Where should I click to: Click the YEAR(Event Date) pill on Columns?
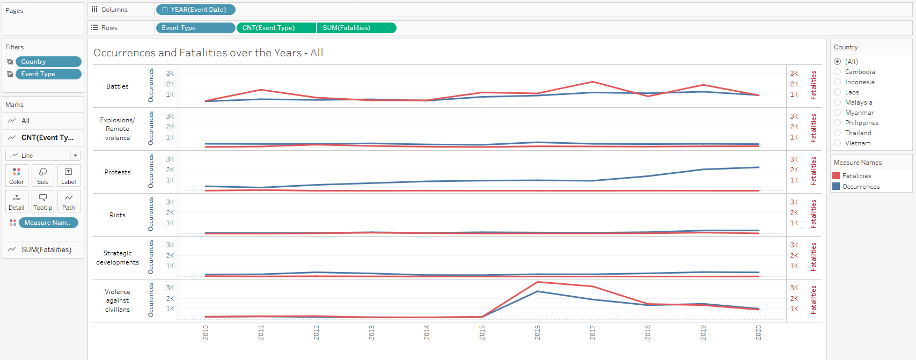[x=196, y=10]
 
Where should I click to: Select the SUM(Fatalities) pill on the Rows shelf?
[x=356, y=28]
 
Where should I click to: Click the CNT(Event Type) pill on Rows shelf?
[x=276, y=28]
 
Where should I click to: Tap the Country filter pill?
[x=48, y=62]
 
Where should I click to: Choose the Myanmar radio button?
[x=838, y=113]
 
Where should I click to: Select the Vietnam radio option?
[x=838, y=143]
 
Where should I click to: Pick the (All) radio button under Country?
[x=838, y=62]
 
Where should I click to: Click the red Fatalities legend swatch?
[x=836, y=176]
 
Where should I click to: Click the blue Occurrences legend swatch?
[x=836, y=187]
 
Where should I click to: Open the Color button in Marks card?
[x=17, y=175]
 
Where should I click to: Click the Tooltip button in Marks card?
[x=43, y=201]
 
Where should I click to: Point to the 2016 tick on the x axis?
[x=537, y=332]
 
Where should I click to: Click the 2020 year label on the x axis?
[x=758, y=332]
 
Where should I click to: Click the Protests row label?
[x=118, y=172]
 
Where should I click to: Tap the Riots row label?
[x=118, y=215]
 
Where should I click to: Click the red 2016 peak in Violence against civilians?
[x=538, y=282]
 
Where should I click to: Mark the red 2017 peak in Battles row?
[x=593, y=82]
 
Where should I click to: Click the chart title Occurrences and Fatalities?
[x=208, y=53]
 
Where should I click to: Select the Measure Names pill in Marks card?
[x=48, y=223]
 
